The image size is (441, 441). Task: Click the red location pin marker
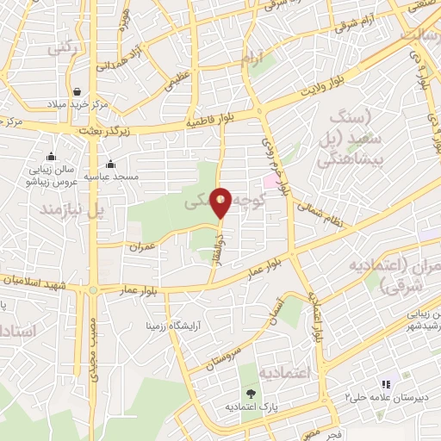pyautogui.click(x=220, y=202)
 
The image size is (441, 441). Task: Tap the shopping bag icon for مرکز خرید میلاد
pyautogui.click(x=78, y=90)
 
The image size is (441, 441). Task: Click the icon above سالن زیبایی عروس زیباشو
pyautogui.click(x=52, y=156)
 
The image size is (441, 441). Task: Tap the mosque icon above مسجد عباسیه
pyautogui.click(x=110, y=165)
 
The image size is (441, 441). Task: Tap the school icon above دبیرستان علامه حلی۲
pyautogui.click(x=385, y=383)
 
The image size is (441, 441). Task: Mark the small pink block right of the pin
pyautogui.click(x=272, y=182)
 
